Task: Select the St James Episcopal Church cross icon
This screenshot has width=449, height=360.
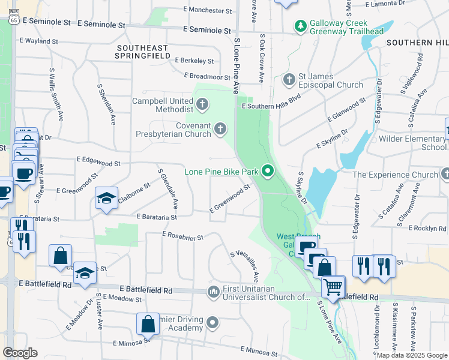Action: (289, 79)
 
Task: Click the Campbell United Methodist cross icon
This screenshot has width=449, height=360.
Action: (202, 105)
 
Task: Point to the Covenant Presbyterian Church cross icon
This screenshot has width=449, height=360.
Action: (221, 128)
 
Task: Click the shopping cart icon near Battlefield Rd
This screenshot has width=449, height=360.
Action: (333, 286)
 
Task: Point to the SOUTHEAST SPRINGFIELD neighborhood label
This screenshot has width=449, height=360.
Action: (142, 51)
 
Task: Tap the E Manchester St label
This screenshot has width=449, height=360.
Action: (208, 10)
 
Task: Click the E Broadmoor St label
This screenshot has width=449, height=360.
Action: (202, 77)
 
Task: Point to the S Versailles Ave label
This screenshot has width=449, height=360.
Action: (244, 266)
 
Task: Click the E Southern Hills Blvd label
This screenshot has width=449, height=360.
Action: (271, 106)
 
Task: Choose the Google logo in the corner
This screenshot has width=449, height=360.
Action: (20, 353)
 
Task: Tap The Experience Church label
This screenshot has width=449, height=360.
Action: (395, 175)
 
